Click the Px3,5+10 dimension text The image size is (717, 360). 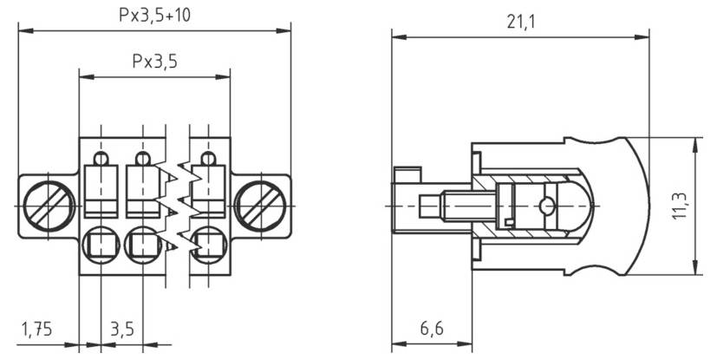[154, 16]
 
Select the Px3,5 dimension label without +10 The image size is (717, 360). [154, 62]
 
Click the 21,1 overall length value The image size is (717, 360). [520, 22]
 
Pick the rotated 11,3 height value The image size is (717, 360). [680, 206]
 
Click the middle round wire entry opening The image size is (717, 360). [143, 244]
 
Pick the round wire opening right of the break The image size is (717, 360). [208, 244]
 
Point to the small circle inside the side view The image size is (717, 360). [546, 206]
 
